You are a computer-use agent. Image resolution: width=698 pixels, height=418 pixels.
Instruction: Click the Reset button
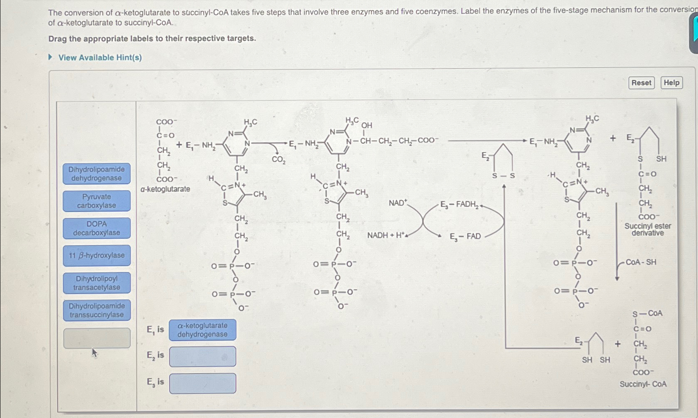[x=641, y=83]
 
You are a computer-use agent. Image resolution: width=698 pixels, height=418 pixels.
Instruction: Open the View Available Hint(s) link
[x=100, y=58]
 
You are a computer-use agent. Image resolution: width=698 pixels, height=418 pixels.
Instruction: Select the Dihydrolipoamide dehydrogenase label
[x=97, y=174]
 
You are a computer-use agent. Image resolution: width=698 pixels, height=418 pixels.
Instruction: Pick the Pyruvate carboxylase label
[x=97, y=201]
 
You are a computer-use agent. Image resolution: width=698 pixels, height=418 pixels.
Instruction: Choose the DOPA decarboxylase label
[x=97, y=228]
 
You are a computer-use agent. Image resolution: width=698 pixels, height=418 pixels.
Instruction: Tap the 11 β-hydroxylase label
[x=97, y=255]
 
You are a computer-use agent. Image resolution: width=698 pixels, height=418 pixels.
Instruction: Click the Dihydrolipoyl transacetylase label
[x=97, y=283]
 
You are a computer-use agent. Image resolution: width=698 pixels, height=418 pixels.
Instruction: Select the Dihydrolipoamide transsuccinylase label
[x=97, y=310]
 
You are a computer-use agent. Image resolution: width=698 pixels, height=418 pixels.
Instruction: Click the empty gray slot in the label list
[x=97, y=338]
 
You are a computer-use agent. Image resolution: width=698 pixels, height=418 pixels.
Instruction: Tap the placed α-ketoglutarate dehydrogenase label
[x=202, y=330]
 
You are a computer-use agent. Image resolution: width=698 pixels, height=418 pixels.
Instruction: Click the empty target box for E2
[x=202, y=357]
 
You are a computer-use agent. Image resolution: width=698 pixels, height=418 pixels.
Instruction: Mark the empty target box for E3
[x=202, y=383]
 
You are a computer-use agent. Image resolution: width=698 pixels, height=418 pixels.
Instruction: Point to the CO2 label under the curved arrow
[x=279, y=160]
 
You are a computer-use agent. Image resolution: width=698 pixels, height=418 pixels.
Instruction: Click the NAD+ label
[x=398, y=203]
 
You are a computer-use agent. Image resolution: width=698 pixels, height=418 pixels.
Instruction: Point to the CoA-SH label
[x=641, y=262]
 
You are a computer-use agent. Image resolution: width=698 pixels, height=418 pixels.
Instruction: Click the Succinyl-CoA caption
[x=643, y=384]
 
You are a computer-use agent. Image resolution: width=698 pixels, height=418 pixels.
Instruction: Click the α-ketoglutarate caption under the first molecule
[x=165, y=189]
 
